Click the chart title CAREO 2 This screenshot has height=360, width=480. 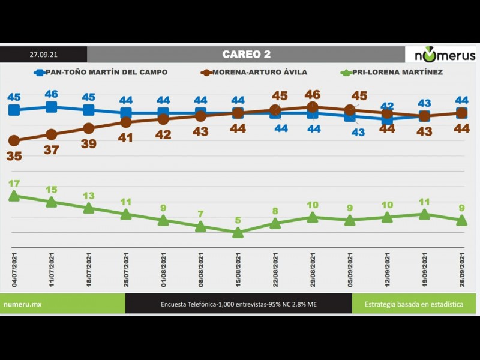coord(246,54)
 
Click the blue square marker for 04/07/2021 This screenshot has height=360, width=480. coord(14,110)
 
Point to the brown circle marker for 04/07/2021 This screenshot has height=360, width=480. coord(14,140)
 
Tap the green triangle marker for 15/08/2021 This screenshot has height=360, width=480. coord(238,233)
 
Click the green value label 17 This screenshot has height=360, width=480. coord(14,184)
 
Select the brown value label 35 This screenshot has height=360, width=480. coord(14,156)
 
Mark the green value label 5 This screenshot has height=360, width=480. coord(238,220)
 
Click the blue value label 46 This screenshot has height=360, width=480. coord(52,94)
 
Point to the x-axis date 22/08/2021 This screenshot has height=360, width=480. coord(276,271)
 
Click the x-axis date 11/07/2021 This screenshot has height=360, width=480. coord(52,271)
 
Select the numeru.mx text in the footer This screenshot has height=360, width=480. coord(22,304)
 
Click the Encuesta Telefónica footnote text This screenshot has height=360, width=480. coord(238,304)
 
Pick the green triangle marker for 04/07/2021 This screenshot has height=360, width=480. coord(14,196)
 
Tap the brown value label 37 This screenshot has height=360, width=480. coord(52,150)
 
